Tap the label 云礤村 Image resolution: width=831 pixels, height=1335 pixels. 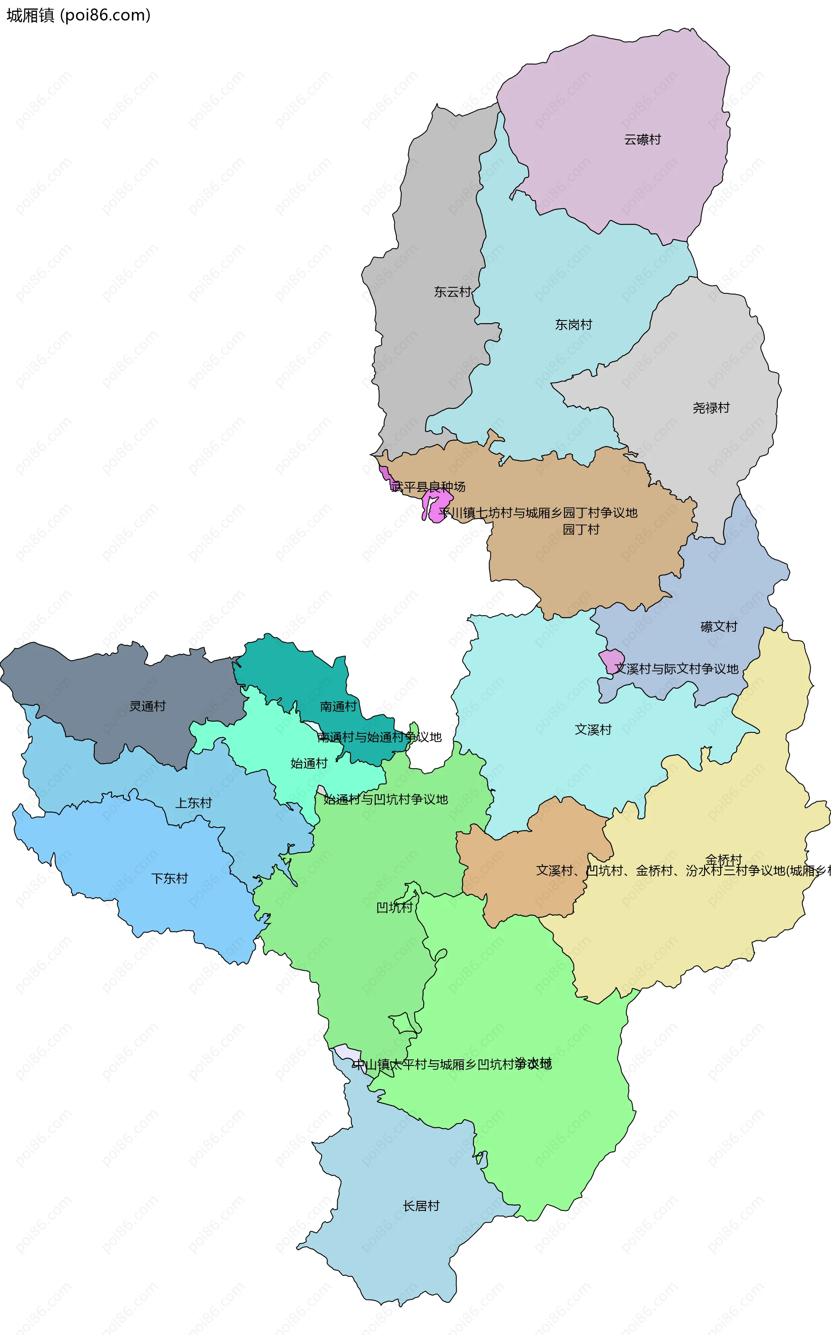[642, 139]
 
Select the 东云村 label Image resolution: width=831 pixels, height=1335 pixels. [452, 292]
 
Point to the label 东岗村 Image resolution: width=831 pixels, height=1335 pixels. [573, 324]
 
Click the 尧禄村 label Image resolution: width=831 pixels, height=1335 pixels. [711, 408]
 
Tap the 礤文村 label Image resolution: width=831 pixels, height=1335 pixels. [718, 626]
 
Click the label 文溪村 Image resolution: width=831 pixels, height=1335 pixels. [593, 729]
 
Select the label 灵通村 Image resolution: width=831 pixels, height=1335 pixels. [147, 706]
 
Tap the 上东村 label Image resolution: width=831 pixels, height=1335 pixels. [193, 803]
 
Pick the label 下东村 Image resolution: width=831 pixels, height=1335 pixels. [169, 879]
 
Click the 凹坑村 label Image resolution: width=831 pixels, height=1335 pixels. [394, 908]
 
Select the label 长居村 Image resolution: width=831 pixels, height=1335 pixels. [421, 1206]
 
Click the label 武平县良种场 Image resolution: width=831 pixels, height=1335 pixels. [428, 487]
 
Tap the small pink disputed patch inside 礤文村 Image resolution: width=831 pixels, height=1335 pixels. [611, 660]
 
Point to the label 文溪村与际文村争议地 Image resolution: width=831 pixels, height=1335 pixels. [676, 669]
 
